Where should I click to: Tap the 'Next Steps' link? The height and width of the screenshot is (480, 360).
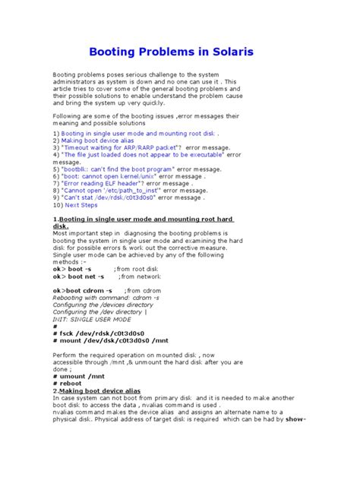[81, 205]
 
